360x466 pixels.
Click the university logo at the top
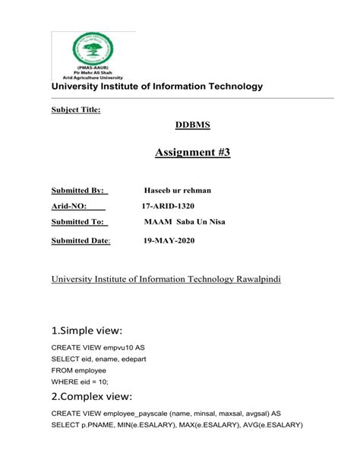[x=93, y=55]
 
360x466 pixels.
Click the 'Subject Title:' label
[x=75, y=110]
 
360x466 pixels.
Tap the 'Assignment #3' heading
[x=192, y=153]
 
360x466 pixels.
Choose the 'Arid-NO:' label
[x=69, y=206]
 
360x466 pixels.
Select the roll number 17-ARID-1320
[x=174, y=206]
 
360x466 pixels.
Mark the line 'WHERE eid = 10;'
[x=81, y=380]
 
